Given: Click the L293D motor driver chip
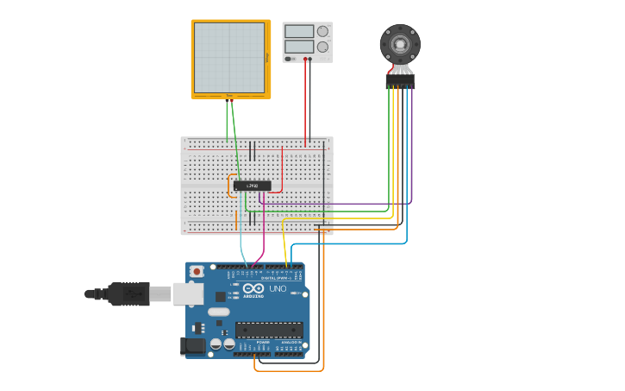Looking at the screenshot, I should pyautogui.click(x=252, y=186).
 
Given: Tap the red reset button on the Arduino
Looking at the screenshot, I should pyautogui.click(x=197, y=271).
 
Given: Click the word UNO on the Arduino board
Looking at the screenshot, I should pyautogui.click(x=278, y=288).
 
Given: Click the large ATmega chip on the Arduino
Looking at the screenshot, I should pyautogui.click(x=269, y=329).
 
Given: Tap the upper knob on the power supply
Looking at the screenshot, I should pyautogui.click(x=322, y=31).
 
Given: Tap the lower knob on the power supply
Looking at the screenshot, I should pyautogui.click(x=322, y=46).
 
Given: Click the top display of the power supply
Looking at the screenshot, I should pyautogui.click(x=298, y=31).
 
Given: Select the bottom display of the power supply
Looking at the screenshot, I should pyautogui.click(x=298, y=46).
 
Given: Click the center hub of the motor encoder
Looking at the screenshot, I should pyautogui.click(x=400, y=43).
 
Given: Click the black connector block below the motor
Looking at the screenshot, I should pyautogui.click(x=400, y=80).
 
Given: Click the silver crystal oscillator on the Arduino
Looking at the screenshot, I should pyautogui.click(x=219, y=312).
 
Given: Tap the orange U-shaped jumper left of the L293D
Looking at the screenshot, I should pyautogui.click(x=231, y=186).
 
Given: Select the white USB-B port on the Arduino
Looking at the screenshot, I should pyautogui.click(x=187, y=294).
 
